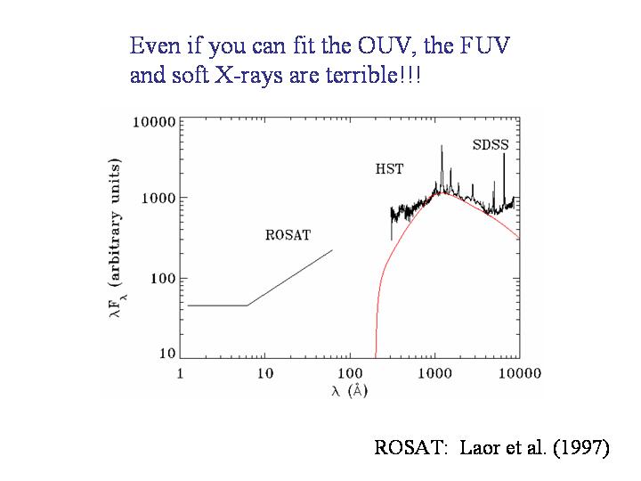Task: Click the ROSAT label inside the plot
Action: (x=288, y=235)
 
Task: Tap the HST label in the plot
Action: (x=390, y=168)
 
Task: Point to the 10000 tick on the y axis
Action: (x=154, y=121)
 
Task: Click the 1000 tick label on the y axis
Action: (x=158, y=198)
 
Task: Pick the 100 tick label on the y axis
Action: (x=161, y=279)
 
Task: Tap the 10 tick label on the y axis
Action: (x=166, y=355)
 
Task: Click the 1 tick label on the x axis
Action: (x=181, y=373)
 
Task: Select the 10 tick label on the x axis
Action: (x=264, y=373)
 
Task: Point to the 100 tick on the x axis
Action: (x=349, y=373)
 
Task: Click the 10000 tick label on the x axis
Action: (x=518, y=373)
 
